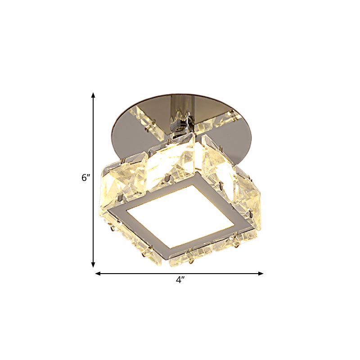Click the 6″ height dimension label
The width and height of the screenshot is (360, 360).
pyautogui.click(x=86, y=178)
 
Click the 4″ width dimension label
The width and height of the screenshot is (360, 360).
pyautogui.click(x=180, y=280)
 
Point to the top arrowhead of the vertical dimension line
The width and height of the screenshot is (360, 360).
pyautogui.click(x=93, y=95)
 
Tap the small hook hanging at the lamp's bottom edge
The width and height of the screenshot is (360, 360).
pyautogui.click(x=192, y=260)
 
